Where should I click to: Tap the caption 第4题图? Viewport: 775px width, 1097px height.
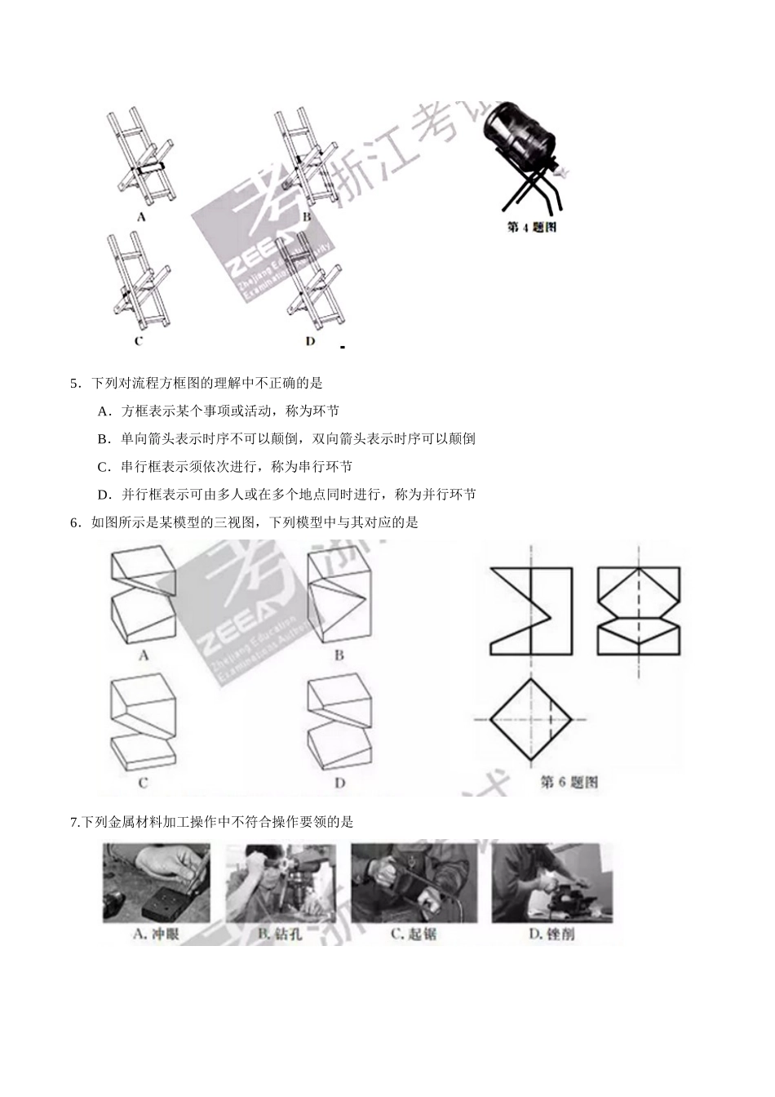(531, 227)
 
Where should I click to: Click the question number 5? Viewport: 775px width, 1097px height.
(74, 383)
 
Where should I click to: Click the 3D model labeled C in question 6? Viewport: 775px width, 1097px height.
(144, 722)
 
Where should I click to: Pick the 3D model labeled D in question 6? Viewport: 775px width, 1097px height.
(338, 722)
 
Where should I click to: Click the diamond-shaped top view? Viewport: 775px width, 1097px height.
(530, 719)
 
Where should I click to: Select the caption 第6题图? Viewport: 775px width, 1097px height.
(569, 782)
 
